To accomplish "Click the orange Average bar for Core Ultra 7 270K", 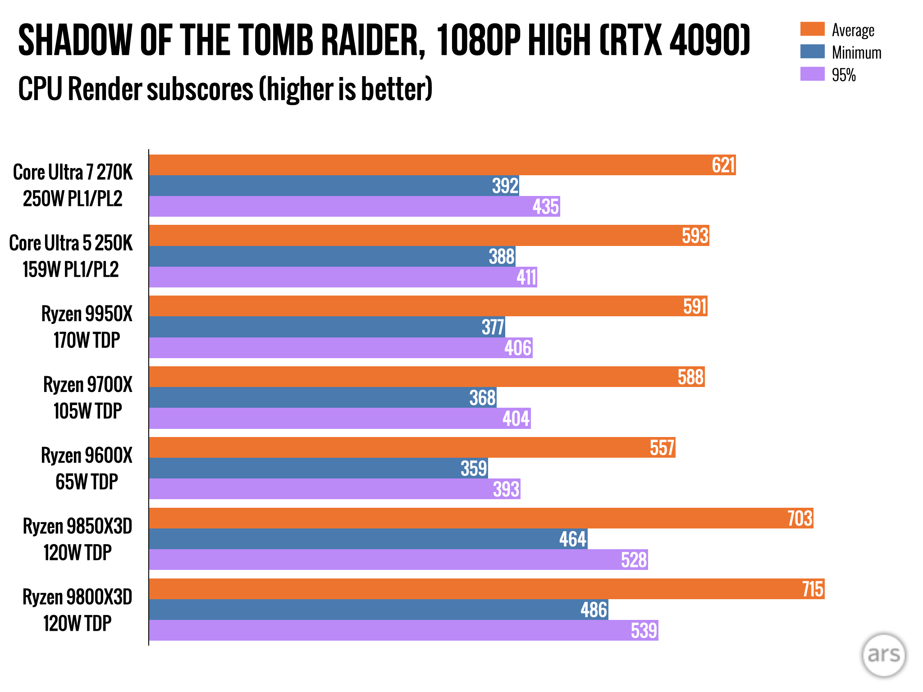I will [442, 165].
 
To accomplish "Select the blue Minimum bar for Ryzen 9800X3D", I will [379, 610].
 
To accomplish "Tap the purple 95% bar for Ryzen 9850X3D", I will [398, 560].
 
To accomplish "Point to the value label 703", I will [800, 518].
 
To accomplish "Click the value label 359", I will [474, 469].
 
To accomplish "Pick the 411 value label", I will [526, 277].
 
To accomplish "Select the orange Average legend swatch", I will [812, 29].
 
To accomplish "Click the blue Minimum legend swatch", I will [812, 51].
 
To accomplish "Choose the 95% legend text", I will [844, 75].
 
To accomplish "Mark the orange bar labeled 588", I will [426, 377].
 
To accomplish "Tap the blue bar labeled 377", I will [327, 327].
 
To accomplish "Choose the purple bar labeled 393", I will [334, 489].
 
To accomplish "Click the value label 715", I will [813, 589].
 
